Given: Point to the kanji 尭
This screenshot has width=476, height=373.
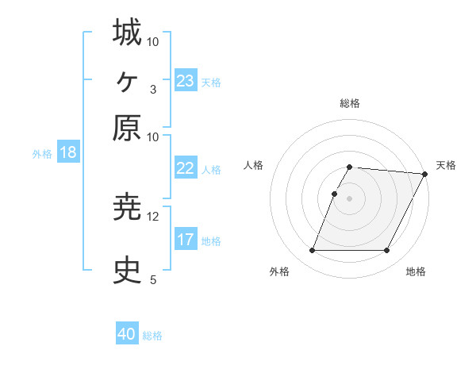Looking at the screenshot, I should pyautogui.click(x=127, y=208).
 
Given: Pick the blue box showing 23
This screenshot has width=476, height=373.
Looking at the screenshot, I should pyautogui.click(x=186, y=81).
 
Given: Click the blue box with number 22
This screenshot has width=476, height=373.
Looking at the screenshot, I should pyautogui.click(x=186, y=169).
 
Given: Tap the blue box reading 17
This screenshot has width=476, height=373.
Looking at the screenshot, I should pyautogui.click(x=186, y=240).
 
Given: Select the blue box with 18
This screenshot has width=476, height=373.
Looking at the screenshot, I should pyautogui.click(x=67, y=152).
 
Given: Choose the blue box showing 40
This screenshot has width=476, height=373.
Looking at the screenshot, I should pyautogui.click(x=127, y=334).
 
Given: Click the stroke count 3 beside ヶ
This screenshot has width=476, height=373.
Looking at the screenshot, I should pyautogui.click(x=152, y=89).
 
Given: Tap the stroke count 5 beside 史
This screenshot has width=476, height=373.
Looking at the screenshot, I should pyautogui.click(x=152, y=279).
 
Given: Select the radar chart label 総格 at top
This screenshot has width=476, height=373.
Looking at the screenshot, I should pyautogui.click(x=350, y=103).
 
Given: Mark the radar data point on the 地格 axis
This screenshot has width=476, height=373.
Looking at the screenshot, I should pyautogui.click(x=387, y=251).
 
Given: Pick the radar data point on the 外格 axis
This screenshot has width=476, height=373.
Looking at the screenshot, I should pyautogui.click(x=312, y=251).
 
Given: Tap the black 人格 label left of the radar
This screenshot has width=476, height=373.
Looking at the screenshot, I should pyautogui.click(x=253, y=165).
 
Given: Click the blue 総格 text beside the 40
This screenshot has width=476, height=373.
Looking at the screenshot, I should pyautogui.click(x=152, y=336).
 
